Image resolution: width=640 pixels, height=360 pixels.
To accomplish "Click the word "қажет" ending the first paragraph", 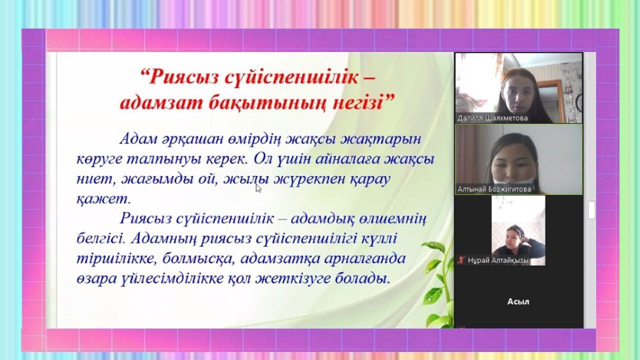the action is point(101,199).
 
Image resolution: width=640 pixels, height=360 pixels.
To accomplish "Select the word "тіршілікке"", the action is point(116,259).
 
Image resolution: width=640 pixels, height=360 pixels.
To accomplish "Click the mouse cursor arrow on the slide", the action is point(258,188).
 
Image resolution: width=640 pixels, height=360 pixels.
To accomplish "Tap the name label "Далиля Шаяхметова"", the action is point(492,118).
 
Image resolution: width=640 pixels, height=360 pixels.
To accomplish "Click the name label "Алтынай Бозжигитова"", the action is point(494,189).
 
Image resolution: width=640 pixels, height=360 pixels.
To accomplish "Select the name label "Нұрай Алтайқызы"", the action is point(498,260).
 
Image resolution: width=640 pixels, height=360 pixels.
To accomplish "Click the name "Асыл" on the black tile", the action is point(518,301).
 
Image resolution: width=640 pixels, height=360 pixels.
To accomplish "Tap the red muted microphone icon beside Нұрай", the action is point(461,260).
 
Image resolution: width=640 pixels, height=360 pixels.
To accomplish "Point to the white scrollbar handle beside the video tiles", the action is point(591,209).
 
